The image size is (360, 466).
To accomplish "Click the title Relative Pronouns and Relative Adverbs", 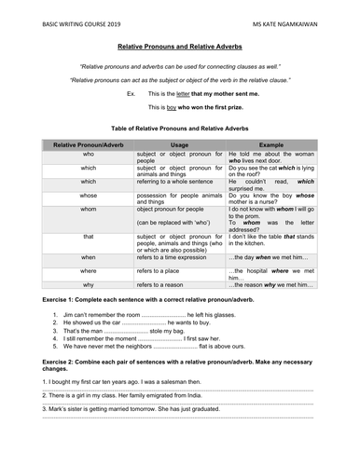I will pos(180,46).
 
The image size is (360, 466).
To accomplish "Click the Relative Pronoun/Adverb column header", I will pos(88,146).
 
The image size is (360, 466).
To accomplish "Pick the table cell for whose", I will pos(88,197).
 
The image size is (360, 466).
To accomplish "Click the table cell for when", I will pos(88,255).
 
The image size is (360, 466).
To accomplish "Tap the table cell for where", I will pos(88,269).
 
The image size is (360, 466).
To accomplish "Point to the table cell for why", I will pos(88,283).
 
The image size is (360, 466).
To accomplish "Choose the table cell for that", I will pos(88,238).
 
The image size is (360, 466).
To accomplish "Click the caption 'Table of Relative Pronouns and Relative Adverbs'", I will pos(180,130).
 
